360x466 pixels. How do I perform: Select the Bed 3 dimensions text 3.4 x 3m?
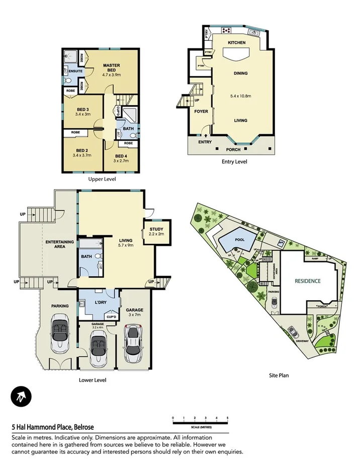coord(82,114)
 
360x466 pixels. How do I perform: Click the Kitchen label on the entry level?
coord(237,43)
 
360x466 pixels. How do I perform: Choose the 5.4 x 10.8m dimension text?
coord(240,97)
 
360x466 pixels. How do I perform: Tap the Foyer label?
coord(201,112)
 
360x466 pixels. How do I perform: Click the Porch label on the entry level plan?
coord(233,149)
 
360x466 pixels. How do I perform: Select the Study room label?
coord(157,229)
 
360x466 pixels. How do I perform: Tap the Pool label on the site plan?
coord(240,240)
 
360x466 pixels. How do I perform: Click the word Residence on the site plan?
coord(307,281)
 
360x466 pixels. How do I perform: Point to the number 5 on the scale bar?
coord(228,418)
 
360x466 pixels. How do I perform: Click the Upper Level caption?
coord(102,179)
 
